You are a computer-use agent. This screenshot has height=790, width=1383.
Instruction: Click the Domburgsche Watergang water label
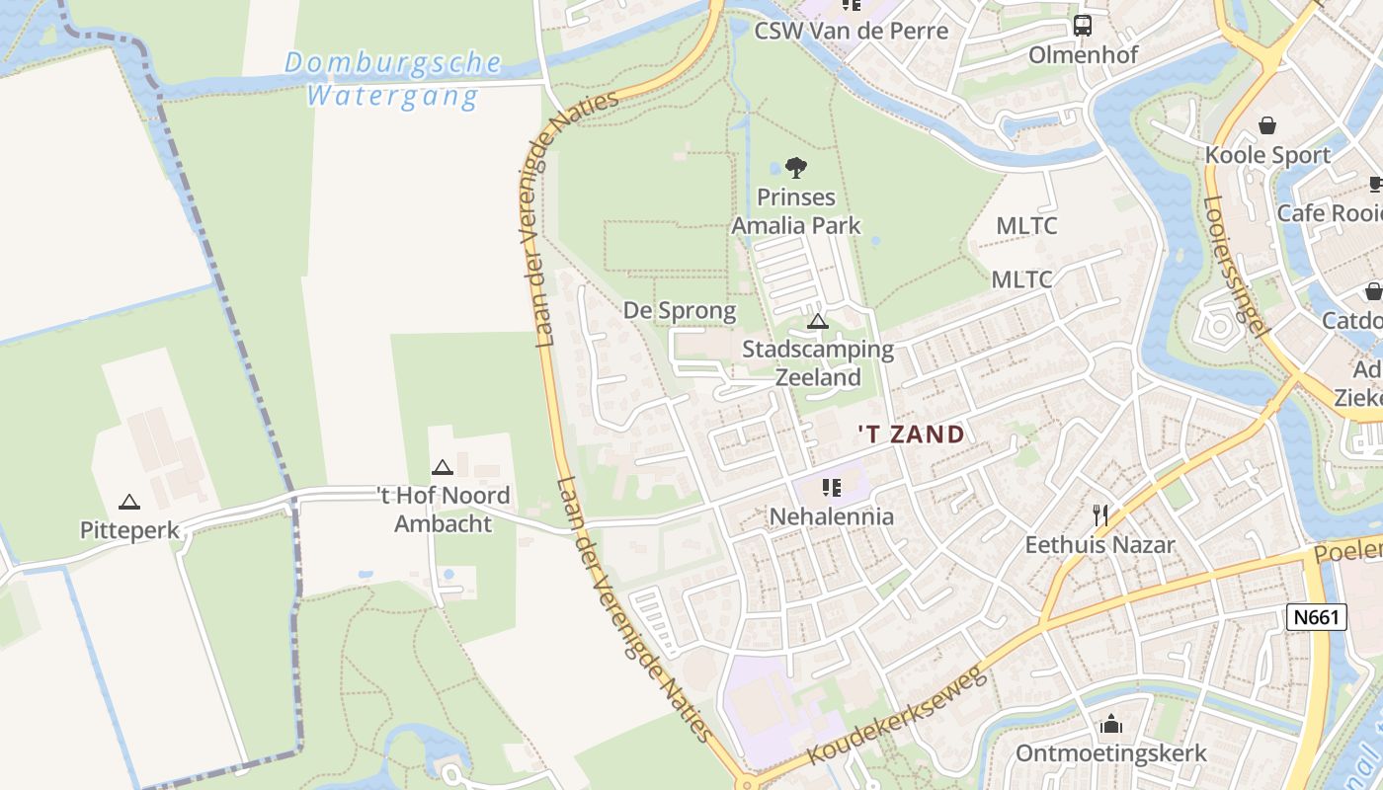click(393, 80)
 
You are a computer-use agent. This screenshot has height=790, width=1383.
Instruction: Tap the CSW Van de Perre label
click(851, 31)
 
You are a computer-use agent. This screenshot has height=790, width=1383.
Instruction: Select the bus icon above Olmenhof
click(1083, 26)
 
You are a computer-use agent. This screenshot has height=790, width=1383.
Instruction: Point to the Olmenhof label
click(1083, 54)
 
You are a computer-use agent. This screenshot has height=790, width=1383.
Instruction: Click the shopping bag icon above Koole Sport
click(1266, 125)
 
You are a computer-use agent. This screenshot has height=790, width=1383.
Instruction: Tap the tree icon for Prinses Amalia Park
click(795, 168)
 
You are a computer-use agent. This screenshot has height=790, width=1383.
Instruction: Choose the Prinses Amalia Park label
click(796, 211)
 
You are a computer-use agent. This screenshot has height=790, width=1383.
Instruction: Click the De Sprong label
click(680, 311)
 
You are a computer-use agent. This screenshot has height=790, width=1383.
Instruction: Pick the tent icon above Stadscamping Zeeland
click(817, 321)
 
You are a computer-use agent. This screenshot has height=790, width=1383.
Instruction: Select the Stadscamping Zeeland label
click(818, 363)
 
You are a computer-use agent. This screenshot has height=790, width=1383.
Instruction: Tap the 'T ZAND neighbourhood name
click(910, 434)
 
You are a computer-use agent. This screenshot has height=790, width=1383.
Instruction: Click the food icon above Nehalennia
click(831, 488)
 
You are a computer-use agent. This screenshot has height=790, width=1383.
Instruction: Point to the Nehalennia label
click(832, 516)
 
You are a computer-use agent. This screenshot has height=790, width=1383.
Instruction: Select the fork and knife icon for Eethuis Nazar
click(1100, 514)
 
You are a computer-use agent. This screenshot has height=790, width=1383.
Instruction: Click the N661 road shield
click(1318, 618)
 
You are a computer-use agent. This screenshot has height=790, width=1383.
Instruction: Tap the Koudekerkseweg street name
click(897, 716)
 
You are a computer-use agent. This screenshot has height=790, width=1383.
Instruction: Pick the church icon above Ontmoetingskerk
click(1111, 725)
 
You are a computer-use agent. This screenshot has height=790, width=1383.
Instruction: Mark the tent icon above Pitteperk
click(129, 502)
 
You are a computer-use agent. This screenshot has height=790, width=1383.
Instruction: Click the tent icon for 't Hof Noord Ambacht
click(442, 467)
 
